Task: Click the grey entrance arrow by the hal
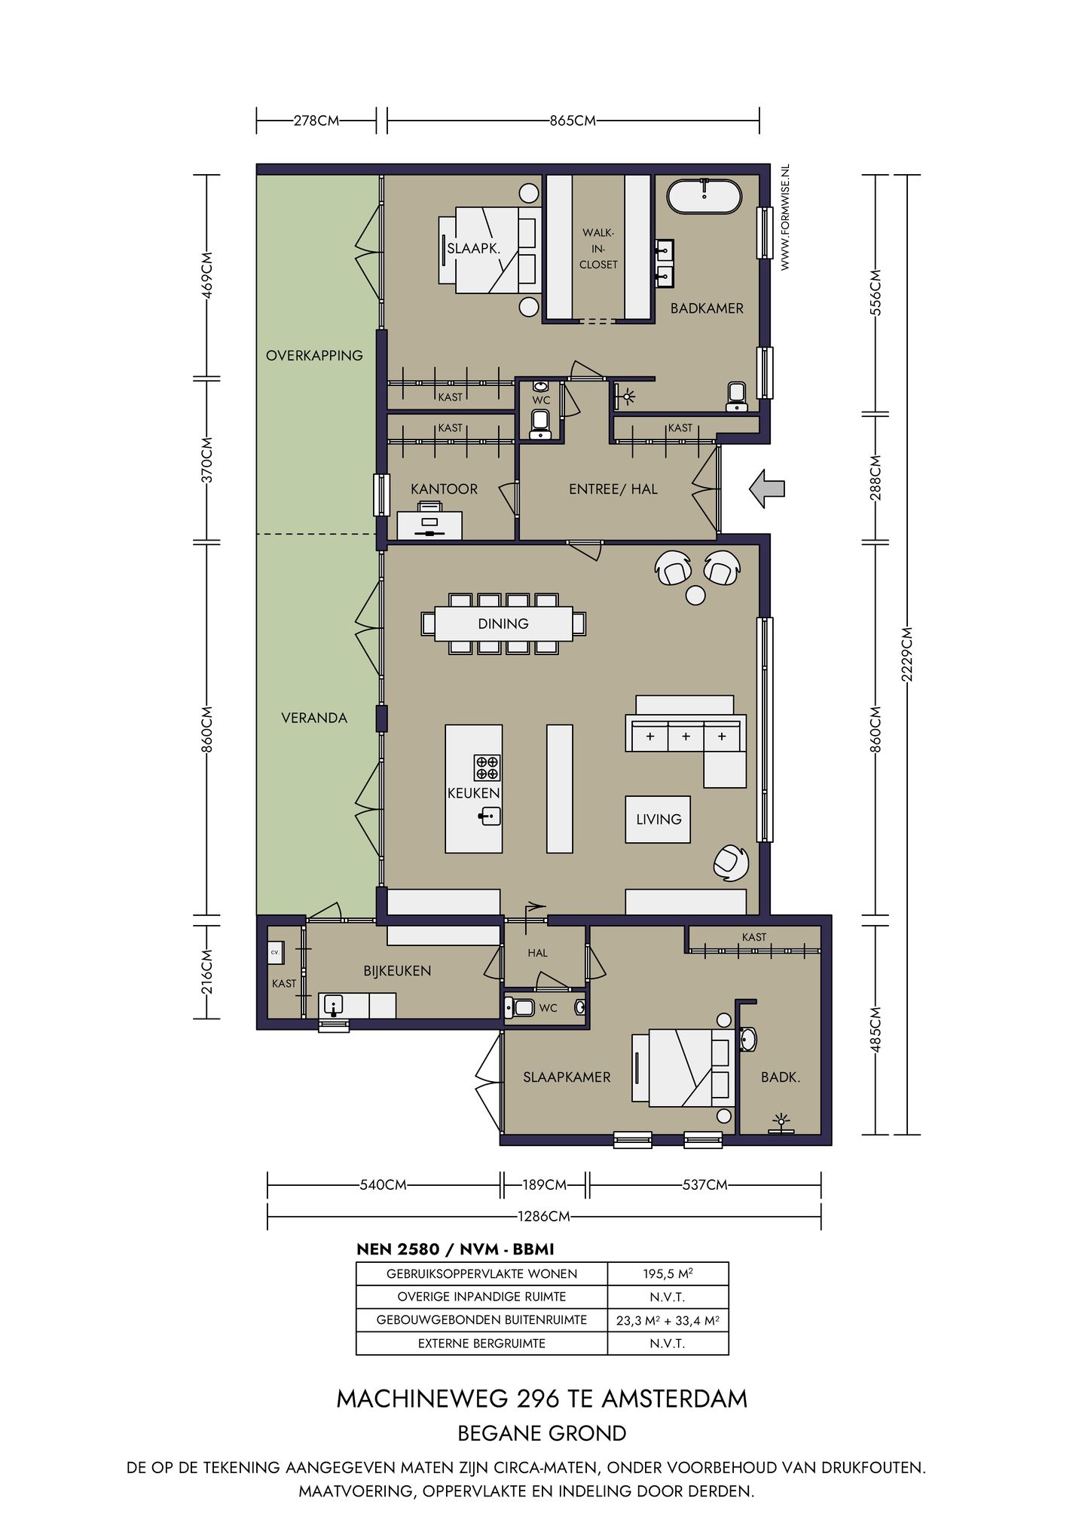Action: point(767,489)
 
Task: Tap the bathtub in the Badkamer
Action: point(704,196)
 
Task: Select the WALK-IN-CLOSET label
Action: point(598,249)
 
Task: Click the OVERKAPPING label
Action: point(314,355)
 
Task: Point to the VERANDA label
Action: point(314,718)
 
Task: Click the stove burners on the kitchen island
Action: point(487,767)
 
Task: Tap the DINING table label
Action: point(503,623)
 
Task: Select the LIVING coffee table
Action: point(658,819)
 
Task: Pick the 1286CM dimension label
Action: point(543,1216)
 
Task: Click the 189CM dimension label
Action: point(544,1184)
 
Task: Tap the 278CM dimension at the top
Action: point(316,120)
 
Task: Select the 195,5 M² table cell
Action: point(668,1273)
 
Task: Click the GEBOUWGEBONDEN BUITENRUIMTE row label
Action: point(481,1319)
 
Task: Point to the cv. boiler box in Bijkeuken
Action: point(275,952)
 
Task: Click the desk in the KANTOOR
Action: point(429,525)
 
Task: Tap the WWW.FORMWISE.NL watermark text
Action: point(784,218)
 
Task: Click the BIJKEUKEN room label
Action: point(397,971)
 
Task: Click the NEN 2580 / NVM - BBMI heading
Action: point(455,1249)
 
